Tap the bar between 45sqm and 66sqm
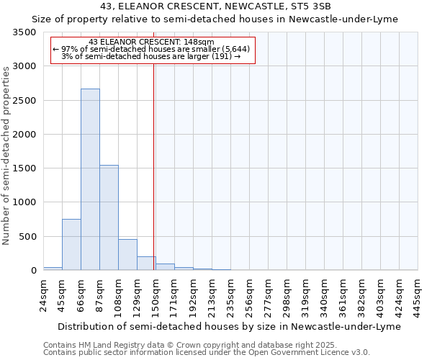pyautogui.click(x=71, y=245)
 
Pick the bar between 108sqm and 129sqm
pyautogui.click(x=127, y=255)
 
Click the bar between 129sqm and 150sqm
pyautogui.click(x=146, y=264)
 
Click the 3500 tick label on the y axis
pyautogui.click(x=24, y=33)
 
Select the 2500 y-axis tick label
pyautogui.click(x=24, y=101)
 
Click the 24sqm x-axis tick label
pyautogui.click(x=43, y=294)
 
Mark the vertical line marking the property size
pyautogui.click(x=153, y=166)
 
